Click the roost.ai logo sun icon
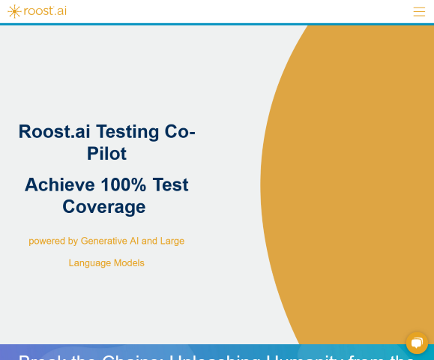click(x=14, y=11)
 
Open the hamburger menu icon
click(x=419, y=11)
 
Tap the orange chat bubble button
click(x=417, y=343)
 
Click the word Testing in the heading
click(x=127, y=132)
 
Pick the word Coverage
click(x=104, y=206)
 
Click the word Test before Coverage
click(x=171, y=184)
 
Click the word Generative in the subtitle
click(x=109, y=241)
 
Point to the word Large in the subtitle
click(x=172, y=241)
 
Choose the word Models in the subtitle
click(x=129, y=262)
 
